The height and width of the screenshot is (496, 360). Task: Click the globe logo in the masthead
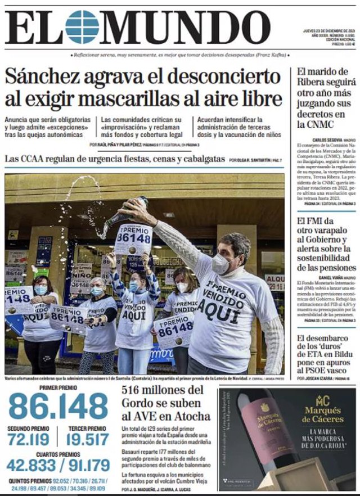pos(82,26)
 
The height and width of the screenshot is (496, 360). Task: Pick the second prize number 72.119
pos(29,439)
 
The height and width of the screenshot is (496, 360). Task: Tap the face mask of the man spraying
pos(221,264)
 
